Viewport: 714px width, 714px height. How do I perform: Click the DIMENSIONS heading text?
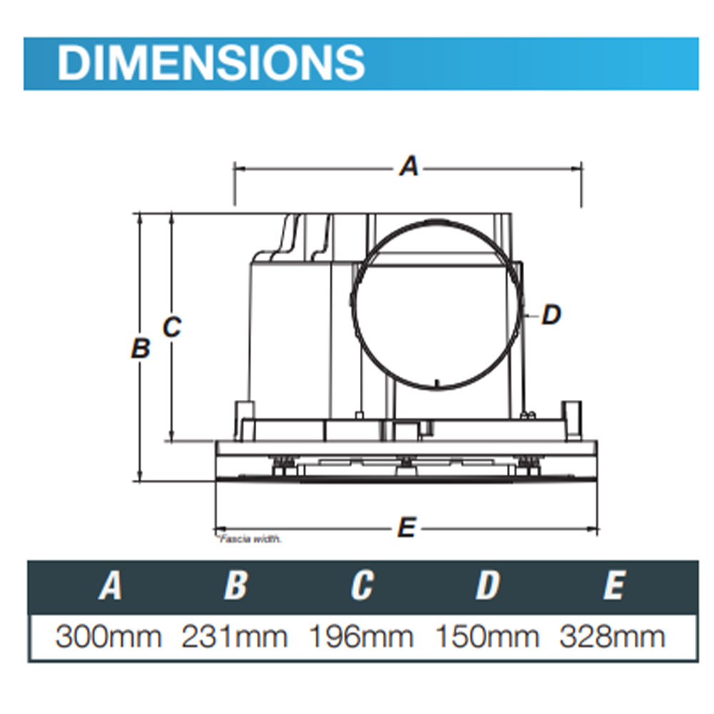[x=211, y=63]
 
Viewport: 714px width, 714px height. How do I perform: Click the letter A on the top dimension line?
[x=408, y=168]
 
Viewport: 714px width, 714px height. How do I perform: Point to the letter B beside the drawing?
[x=141, y=348]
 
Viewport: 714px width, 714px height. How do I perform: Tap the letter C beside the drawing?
[x=172, y=327]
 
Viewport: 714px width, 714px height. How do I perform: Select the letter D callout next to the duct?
[x=550, y=314]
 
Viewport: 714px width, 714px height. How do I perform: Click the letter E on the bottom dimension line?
[x=406, y=528]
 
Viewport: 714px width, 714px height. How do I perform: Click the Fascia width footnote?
[x=249, y=540]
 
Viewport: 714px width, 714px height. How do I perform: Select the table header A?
[x=109, y=586]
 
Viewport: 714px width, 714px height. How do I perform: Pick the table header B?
[x=235, y=586]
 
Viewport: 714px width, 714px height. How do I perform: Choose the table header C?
[x=361, y=586]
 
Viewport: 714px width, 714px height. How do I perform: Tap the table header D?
[x=487, y=586]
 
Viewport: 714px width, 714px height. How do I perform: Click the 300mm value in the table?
[x=109, y=636]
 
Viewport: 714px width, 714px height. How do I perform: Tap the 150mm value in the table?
[x=487, y=636]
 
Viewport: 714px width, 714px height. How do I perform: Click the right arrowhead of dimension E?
[x=593, y=529]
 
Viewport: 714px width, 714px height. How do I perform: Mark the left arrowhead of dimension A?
[x=238, y=169]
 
